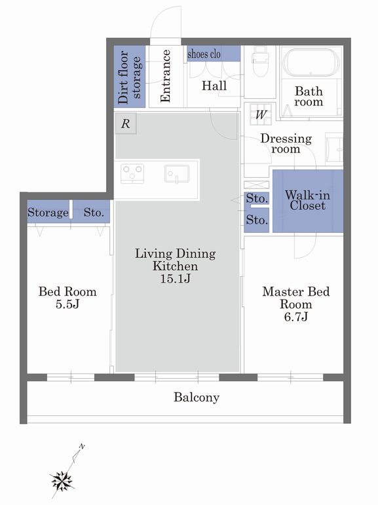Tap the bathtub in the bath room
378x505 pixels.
pyautogui.click(x=311, y=63)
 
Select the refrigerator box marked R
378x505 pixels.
pyautogui.click(x=126, y=124)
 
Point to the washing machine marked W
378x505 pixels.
pyautogui.click(x=261, y=114)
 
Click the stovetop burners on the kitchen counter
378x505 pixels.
pyautogui.click(x=132, y=173)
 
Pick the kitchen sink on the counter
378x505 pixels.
pyautogui.click(x=177, y=174)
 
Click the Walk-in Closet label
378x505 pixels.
pyautogui.click(x=307, y=200)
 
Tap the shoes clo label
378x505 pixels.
pyautogui.click(x=204, y=54)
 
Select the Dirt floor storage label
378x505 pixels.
pyautogui.click(x=129, y=77)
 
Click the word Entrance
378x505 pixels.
pyautogui.click(x=165, y=76)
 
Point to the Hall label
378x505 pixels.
pyautogui.click(x=214, y=86)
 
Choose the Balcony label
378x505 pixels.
pyautogui.click(x=197, y=397)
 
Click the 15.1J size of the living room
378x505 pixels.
pyautogui.click(x=175, y=278)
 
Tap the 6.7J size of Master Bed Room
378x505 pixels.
pyautogui.click(x=295, y=317)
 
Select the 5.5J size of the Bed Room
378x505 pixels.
pyautogui.click(x=67, y=304)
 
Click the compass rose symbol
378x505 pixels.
pyautogui.click(x=62, y=481)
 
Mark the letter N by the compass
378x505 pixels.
pyautogui.click(x=82, y=446)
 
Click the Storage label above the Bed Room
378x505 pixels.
pyautogui.click(x=48, y=213)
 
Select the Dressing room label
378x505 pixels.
pyautogui.click(x=286, y=144)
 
